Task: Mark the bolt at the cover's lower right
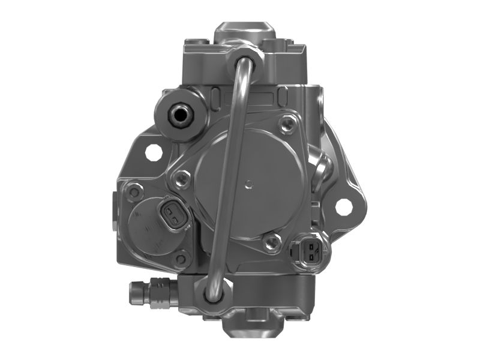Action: (273, 241)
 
